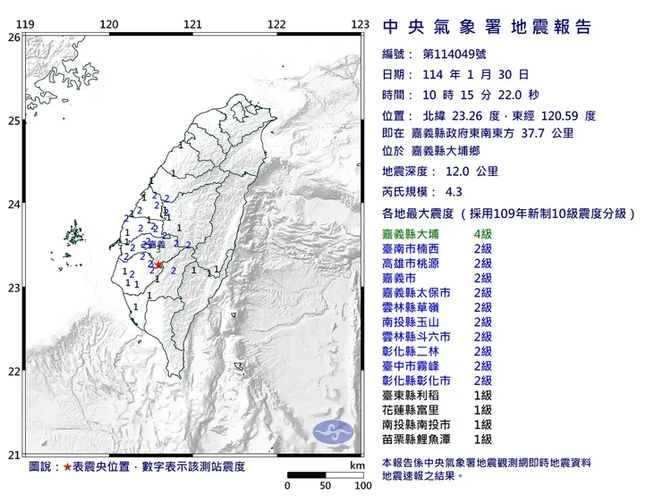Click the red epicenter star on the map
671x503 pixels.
(158, 264)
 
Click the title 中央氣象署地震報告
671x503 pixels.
(487, 27)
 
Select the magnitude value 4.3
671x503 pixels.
(454, 191)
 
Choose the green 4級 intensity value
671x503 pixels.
(483, 233)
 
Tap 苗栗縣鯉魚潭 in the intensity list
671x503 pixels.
(416, 440)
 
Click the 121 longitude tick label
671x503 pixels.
(192, 25)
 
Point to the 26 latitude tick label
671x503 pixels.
(13, 38)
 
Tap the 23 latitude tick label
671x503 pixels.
(13, 288)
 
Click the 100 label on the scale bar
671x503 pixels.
(362, 486)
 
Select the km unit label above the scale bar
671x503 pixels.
(358, 465)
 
